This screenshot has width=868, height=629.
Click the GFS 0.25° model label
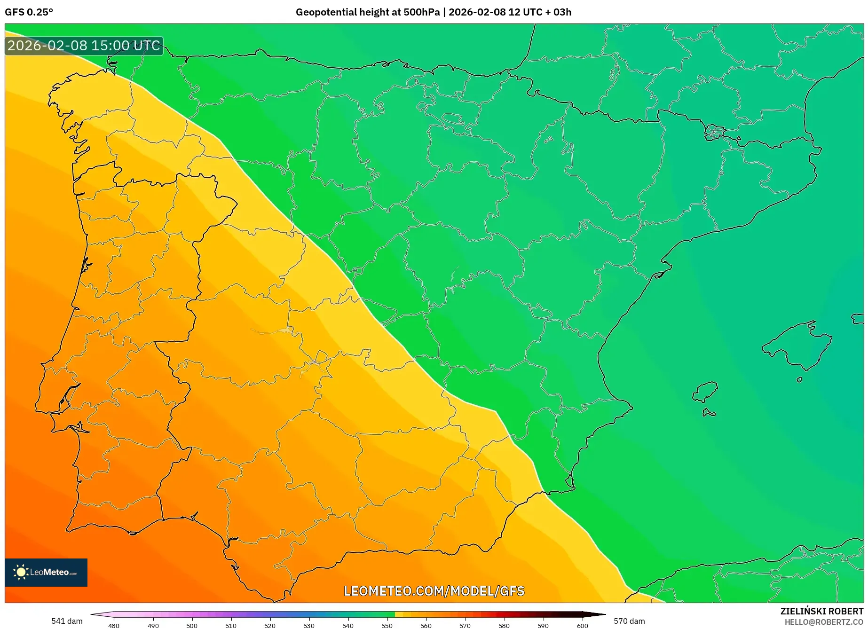29,12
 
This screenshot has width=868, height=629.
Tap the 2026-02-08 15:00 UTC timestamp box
84,46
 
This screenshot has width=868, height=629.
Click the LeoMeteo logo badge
46,572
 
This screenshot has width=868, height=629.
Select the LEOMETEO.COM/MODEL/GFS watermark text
434,591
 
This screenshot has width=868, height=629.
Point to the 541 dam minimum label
67,621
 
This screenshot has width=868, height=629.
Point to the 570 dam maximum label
629,621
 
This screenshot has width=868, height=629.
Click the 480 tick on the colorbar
114,625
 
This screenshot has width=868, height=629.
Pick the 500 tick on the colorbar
192,625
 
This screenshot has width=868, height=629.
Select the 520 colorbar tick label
270,625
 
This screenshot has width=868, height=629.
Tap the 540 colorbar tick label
348,625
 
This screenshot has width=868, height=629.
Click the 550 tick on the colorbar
387,625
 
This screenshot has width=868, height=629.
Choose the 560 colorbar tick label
426,625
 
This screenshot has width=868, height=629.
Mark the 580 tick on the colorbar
504,625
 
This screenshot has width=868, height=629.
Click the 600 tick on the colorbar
582,625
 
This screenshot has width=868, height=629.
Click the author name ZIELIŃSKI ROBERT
821,611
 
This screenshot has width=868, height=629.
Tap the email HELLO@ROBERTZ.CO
824,622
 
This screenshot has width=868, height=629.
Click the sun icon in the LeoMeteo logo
21,572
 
